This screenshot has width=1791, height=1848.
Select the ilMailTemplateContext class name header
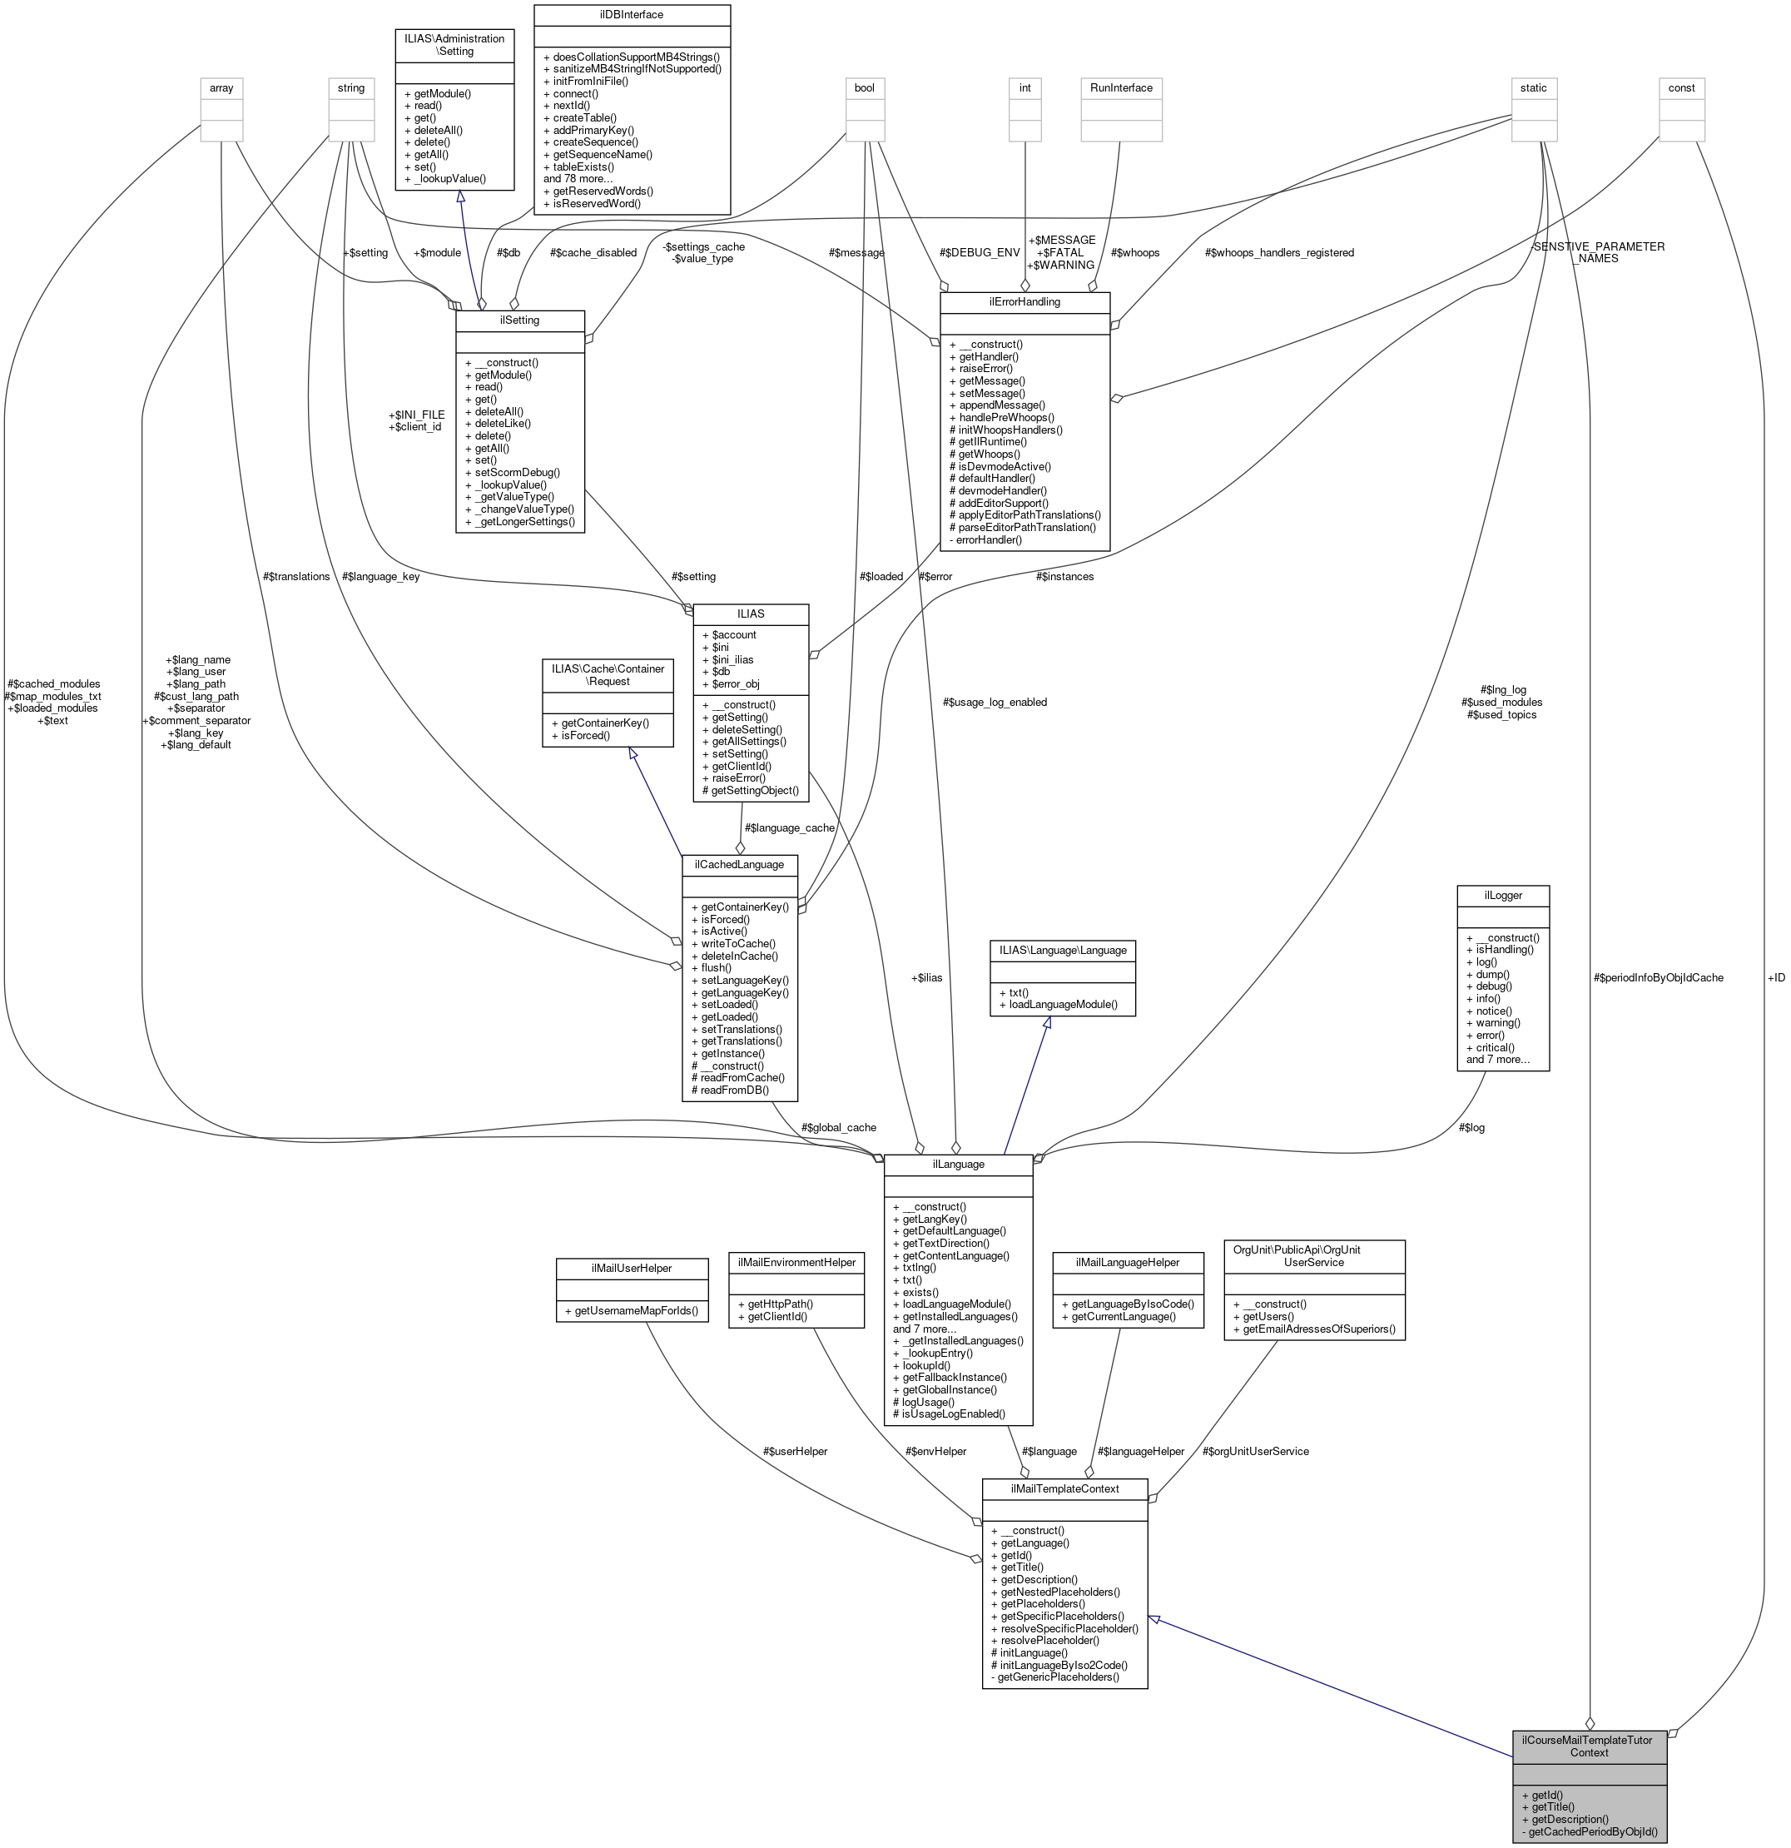coord(1064,1488)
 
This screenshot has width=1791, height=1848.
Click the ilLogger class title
coord(1502,895)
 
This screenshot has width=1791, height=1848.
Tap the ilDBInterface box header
coord(632,14)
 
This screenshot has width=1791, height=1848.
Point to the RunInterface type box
coord(1121,87)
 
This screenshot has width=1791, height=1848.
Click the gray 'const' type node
coord(1680,87)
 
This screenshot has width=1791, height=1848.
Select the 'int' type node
coord(1024,87)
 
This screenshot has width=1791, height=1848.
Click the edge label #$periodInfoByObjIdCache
coord(1657,978)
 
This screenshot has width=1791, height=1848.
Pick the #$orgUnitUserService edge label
coord(1255,1451)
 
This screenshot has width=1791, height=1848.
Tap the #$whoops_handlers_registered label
coord(1278,253)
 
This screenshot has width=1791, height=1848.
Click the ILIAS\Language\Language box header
coord(1062,950)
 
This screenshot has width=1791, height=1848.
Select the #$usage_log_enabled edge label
coord(995,702)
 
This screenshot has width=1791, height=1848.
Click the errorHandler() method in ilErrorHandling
coord(985,539)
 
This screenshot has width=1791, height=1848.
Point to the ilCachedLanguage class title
coord(739,864)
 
